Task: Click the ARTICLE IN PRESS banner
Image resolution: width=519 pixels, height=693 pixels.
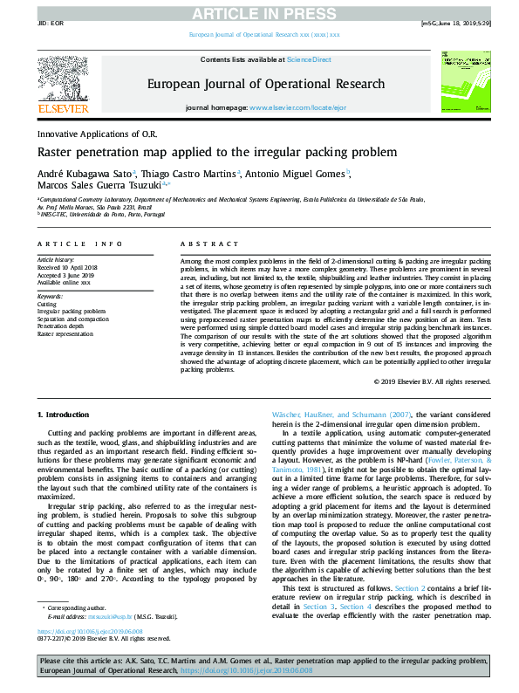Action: [x=259, y=12]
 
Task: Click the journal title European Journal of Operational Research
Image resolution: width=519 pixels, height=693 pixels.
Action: [x=266, y=85]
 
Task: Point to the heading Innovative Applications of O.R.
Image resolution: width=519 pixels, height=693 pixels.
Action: [x=96, y=134]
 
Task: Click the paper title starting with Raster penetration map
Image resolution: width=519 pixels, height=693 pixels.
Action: [x=216, y=152]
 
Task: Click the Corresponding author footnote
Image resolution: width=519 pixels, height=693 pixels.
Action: [x=75, y=630]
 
